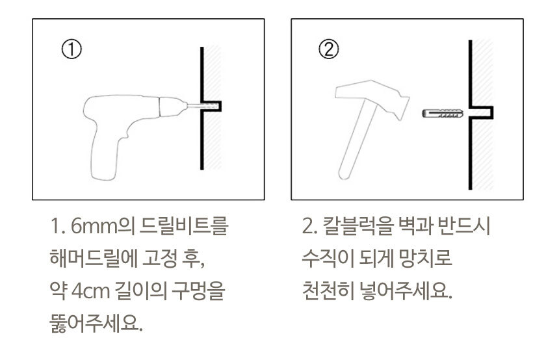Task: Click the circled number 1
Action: (71, 49)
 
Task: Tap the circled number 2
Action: (328, 49)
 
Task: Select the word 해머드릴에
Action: (94, 259)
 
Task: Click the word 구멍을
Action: (198, 291)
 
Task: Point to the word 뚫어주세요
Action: (96, 324)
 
